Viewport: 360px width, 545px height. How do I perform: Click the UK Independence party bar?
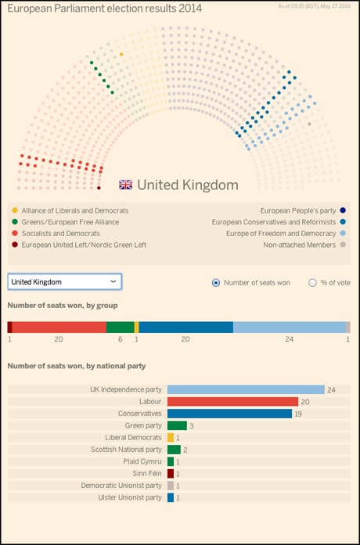[246, 389]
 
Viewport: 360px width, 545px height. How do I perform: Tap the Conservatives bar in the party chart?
[229, 414]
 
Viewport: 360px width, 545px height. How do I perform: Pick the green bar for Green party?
[177, 426]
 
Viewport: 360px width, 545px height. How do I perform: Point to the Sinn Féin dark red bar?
[171, 474]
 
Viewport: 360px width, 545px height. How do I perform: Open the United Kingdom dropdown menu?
[64, 281]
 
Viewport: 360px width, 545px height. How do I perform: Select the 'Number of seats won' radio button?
[216, 283]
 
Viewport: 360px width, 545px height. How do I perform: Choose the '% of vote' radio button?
[312, 283]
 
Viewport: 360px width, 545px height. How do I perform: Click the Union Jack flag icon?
[125, 185]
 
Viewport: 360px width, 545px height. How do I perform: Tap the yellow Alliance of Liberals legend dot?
[15, 211]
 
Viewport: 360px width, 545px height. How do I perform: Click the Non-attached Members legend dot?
[343, 245]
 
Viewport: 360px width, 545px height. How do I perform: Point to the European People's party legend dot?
[343, 211]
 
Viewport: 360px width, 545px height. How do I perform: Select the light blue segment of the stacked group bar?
[289, 328]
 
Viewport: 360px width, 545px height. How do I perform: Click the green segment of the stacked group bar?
[120, 328]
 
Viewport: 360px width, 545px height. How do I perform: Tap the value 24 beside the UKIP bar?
[331, 389]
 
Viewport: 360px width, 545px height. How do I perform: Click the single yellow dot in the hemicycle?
[121, 55]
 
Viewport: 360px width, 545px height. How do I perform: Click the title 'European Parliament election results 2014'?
[104, 9]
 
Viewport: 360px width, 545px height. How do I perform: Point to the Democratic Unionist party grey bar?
[171, 486]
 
